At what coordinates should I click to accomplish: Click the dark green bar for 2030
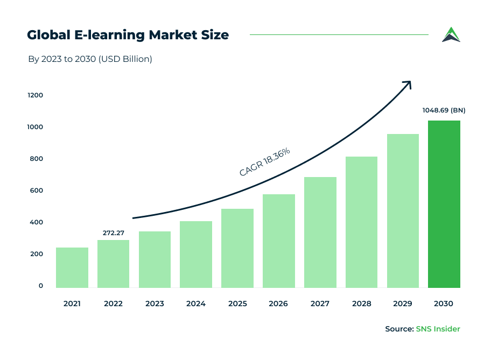(x=444, y=204)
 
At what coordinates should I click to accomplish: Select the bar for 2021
(x=72, y=267)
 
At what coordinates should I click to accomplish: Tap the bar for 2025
(x=237, y=248)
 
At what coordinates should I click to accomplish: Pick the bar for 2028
(x=361, y=222)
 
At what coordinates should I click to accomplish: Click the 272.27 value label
(x=114, y=233)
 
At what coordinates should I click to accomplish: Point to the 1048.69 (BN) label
(x=444, y=110)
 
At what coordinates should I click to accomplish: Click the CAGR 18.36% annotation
(x=264, y=162)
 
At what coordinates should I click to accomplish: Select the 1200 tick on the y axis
(x=36, y=95)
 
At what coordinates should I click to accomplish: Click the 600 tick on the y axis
(x=36, y=190)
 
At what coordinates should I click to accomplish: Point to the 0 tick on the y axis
(x=40, y=286)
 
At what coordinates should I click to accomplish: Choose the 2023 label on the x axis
(x=155, y=303)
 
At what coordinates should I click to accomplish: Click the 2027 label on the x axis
(x=320, y=303)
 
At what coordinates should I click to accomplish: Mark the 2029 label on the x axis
(x=403, y=303)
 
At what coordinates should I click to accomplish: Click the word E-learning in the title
(x=107, y=35)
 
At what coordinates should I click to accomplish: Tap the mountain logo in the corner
(x=451, y=34)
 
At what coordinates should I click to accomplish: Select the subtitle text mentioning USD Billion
(x=90, y=59)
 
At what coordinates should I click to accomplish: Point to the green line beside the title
(x=339, y=35)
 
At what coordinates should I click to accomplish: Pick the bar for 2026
(x=279, y=241)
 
